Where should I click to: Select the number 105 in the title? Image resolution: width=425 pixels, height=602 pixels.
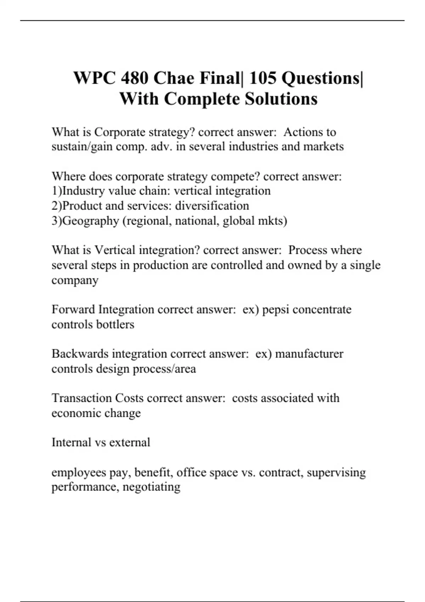pos(262,78)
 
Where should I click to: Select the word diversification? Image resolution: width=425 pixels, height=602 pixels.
pos(212,206)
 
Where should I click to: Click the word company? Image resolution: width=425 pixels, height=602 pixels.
pos(75,280)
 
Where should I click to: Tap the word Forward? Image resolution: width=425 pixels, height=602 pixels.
pos(73,309)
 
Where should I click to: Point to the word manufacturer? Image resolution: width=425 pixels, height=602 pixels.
pos(309,354)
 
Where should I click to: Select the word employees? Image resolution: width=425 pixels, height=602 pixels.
pos(79,472)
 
